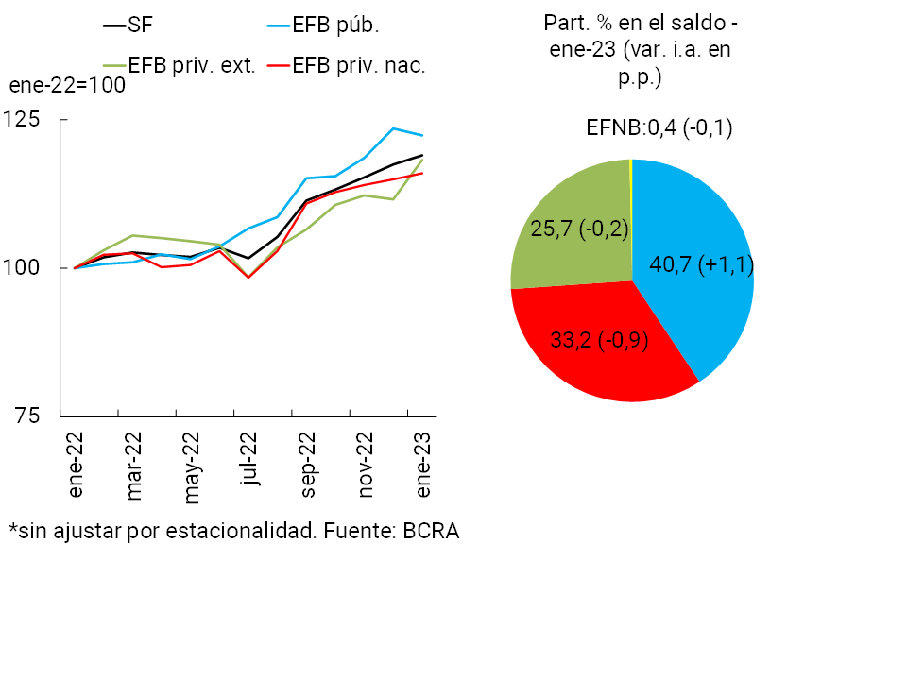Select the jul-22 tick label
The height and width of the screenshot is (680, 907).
click(249, 461)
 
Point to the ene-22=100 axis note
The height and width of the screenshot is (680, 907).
click(67, 85)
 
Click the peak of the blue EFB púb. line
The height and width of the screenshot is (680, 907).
click(393, 128)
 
